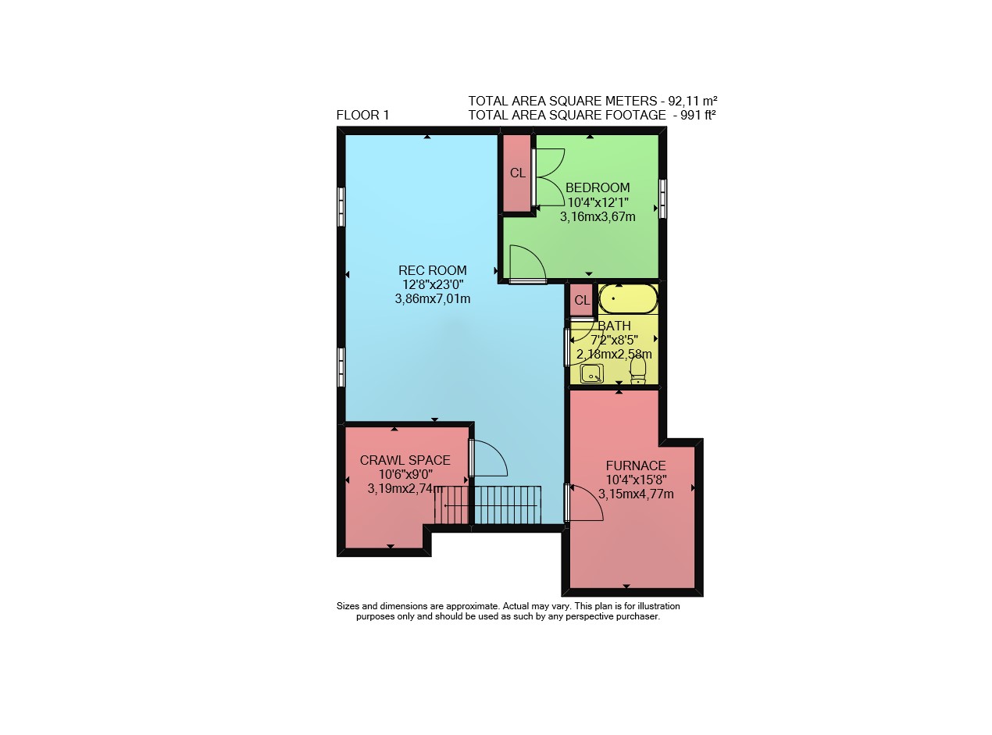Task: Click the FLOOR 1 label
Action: [362, 116]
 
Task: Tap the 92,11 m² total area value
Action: [693, 100]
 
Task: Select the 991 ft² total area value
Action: [698, 115]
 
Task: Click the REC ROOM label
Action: [432, 270]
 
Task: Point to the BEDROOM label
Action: [597, 187]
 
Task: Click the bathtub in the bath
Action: [628, 299]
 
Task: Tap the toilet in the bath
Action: [638, 370]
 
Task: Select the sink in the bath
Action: [592, 373]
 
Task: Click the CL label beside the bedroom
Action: [517, 173]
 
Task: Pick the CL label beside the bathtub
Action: [582, 300]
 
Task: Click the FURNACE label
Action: [636, 466]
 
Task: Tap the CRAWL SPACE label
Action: [405, 460]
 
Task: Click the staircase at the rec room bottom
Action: [488, 505]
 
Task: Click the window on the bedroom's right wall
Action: [662, 198]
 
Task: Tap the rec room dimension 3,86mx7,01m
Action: [432, 299]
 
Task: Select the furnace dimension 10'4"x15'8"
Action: [636, 480]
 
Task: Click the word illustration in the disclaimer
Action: [658, 606]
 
